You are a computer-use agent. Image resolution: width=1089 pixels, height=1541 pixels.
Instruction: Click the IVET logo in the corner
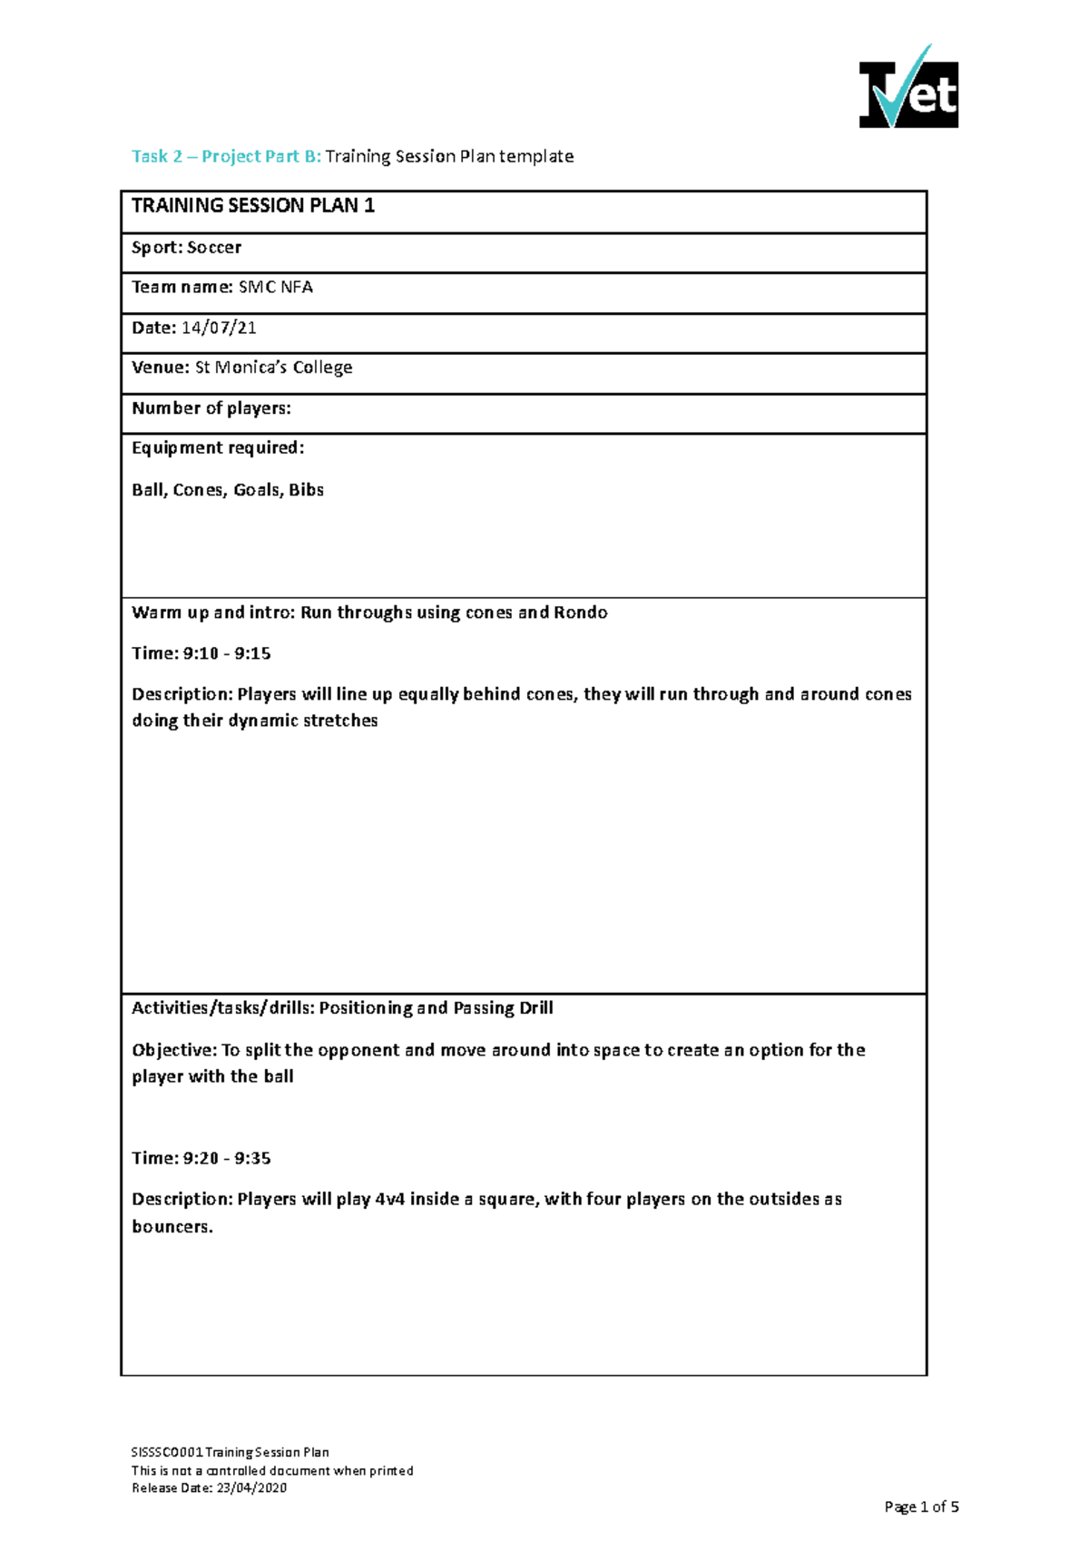tap(908, 88)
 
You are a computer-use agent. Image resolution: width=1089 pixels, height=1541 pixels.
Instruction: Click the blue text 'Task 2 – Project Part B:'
tap(226, 156)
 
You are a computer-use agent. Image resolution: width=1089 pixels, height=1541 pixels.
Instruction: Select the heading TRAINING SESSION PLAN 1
tap(253, 206)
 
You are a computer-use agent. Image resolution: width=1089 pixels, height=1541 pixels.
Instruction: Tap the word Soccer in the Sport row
tap(214, 248)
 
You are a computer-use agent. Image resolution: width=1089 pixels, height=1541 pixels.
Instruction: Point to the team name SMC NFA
tap(276, 288)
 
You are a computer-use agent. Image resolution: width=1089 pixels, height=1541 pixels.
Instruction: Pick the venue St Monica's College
tap(273, 368)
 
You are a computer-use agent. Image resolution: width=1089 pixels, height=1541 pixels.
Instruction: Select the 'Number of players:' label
tap(211, 408)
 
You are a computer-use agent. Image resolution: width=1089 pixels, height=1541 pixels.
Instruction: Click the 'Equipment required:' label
tap(218, 448)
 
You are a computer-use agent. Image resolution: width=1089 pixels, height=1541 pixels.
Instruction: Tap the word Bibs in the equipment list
tap(306, 490)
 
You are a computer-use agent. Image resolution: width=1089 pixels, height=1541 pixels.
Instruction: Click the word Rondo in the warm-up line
tap(580, 613)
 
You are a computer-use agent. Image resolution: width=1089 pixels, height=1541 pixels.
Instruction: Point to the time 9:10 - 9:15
tap(227, 653)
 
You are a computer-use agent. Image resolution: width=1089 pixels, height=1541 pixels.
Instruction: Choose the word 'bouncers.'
tap(172, 1227)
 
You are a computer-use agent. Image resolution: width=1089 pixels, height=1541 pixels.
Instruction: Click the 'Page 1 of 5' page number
tap(921, 1507)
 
